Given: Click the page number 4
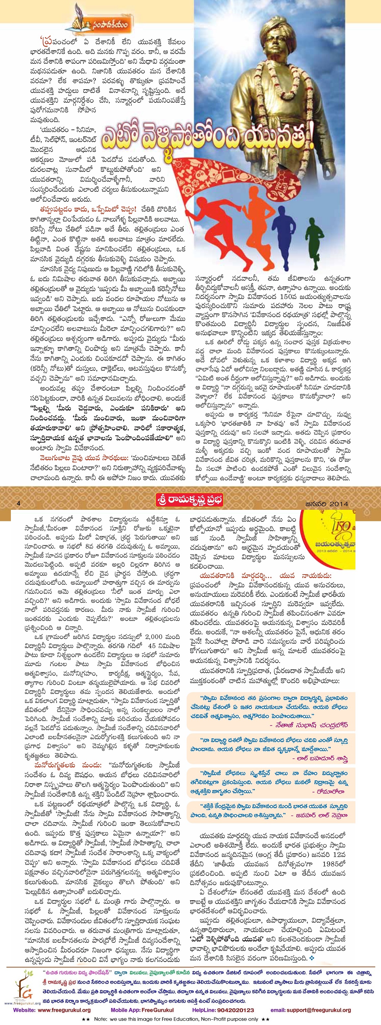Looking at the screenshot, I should coord(18,503).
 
